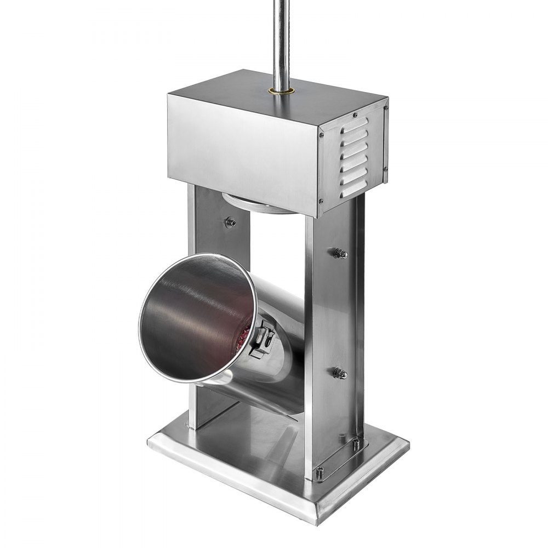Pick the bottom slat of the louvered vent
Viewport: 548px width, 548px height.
tap(353, 187)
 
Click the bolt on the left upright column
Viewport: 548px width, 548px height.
tap(231, 222)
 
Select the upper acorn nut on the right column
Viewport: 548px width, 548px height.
tap(340, 253)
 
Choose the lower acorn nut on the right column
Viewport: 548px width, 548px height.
tap(340, 374)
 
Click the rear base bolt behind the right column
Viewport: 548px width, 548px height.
tap(356, 443)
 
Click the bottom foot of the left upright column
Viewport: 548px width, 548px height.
tap(192, 425)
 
